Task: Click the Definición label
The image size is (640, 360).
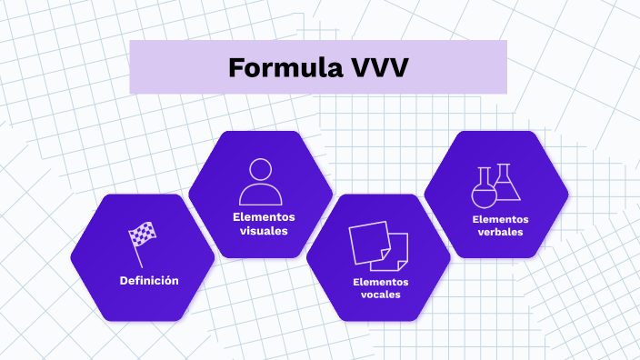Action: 149,280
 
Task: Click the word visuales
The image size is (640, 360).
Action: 264,231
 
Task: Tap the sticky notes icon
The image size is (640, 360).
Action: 378,245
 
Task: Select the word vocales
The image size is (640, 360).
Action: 381,295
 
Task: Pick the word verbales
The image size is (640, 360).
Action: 500,232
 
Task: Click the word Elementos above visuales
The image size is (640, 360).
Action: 264,217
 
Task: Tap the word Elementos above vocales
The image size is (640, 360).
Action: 381,281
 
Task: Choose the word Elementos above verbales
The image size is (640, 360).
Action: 500,218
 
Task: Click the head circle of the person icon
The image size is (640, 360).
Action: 261,170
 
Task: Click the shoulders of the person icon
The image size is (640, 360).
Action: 261,195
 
